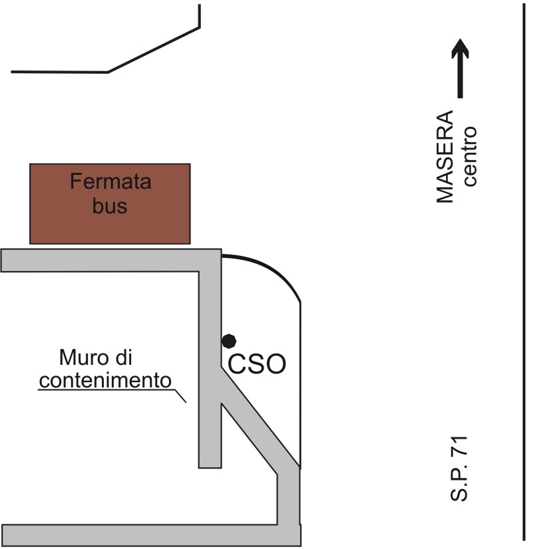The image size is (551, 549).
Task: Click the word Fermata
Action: (110, 181)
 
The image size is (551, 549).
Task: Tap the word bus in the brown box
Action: (110, 206)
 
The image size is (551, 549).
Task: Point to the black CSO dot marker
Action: (229, 340)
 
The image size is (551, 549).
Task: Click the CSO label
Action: (257, 364)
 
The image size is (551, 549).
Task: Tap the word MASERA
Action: (445, 157)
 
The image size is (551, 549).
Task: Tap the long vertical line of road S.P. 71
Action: (525, 266)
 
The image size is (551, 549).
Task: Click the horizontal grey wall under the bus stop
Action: (100, 260)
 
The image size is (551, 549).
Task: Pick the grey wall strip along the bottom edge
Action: (146, 535)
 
